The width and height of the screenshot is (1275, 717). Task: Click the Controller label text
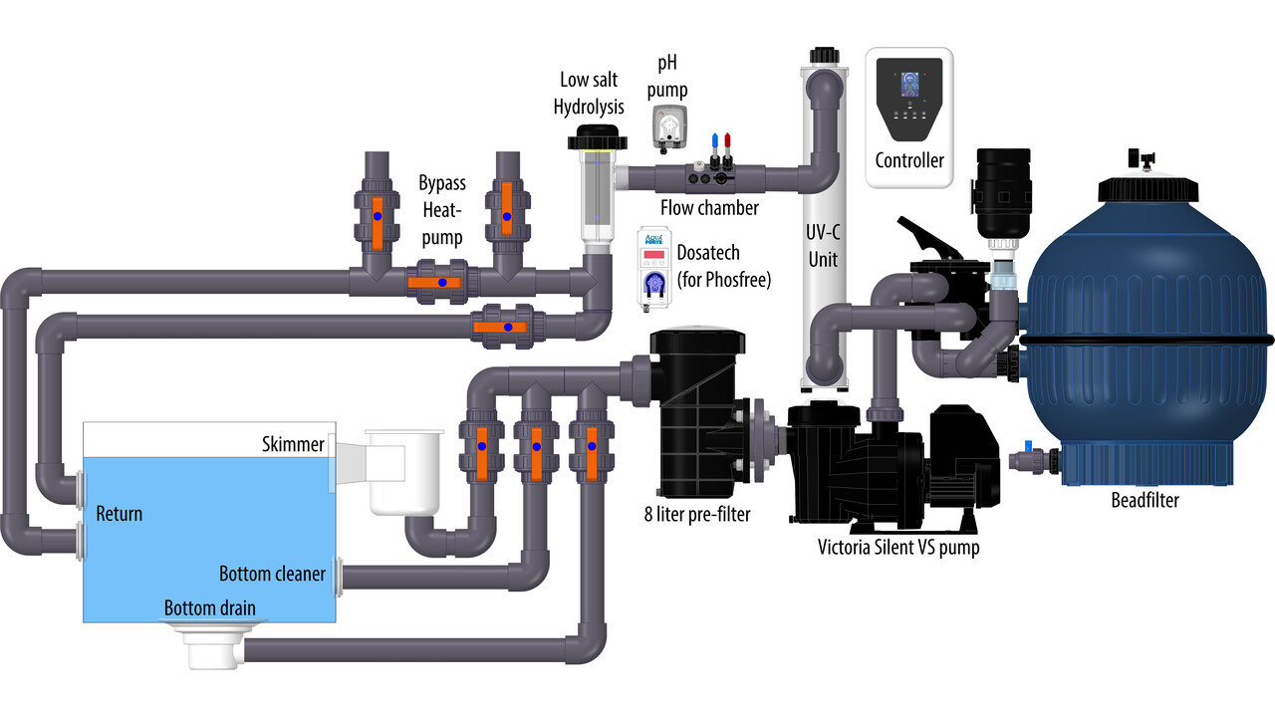click(x=908, y=160)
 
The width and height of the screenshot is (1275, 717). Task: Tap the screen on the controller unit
click(x=908, y=85)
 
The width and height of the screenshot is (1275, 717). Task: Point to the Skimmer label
click(x=294, y=444)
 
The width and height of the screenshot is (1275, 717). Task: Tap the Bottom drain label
click(x=210, y=607)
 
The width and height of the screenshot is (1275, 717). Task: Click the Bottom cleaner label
click(x=272, y=574)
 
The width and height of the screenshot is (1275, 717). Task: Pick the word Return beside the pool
click(x=119, y=514)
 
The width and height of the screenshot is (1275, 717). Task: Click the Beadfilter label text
click(x=1145, y=500)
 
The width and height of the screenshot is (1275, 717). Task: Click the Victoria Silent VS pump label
click(x=897, y=547)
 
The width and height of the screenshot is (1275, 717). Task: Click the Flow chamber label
click(x=709, y=207)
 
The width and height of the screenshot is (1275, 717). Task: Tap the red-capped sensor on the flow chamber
click(x=728, y=140)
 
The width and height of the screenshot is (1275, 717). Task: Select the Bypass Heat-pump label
click(x=440, y=211)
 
